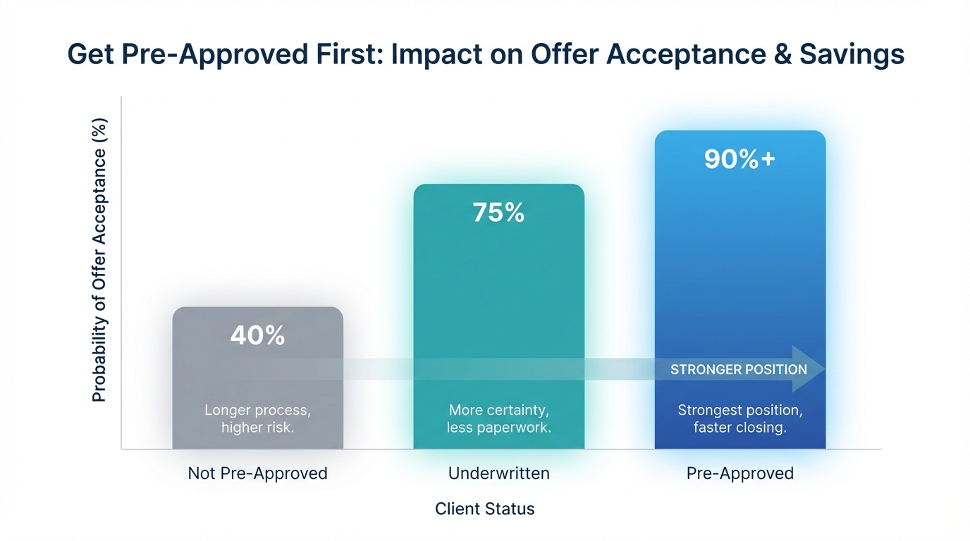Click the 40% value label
[x=257, y=336]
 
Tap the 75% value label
[x=498, y=213]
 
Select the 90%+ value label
[x=739, y=159]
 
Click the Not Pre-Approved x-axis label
[x=257, y=473]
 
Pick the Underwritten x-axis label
[x=498, y=473]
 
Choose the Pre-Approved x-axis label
[x=739, y=473]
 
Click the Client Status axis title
[x=484, y=509]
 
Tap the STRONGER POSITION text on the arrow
[x=738, y=370]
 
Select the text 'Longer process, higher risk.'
[x=257, y=418]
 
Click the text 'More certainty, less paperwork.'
[x=498, y=418]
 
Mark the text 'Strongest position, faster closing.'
[x=739, y=418]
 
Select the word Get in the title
[x=90, y=55]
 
